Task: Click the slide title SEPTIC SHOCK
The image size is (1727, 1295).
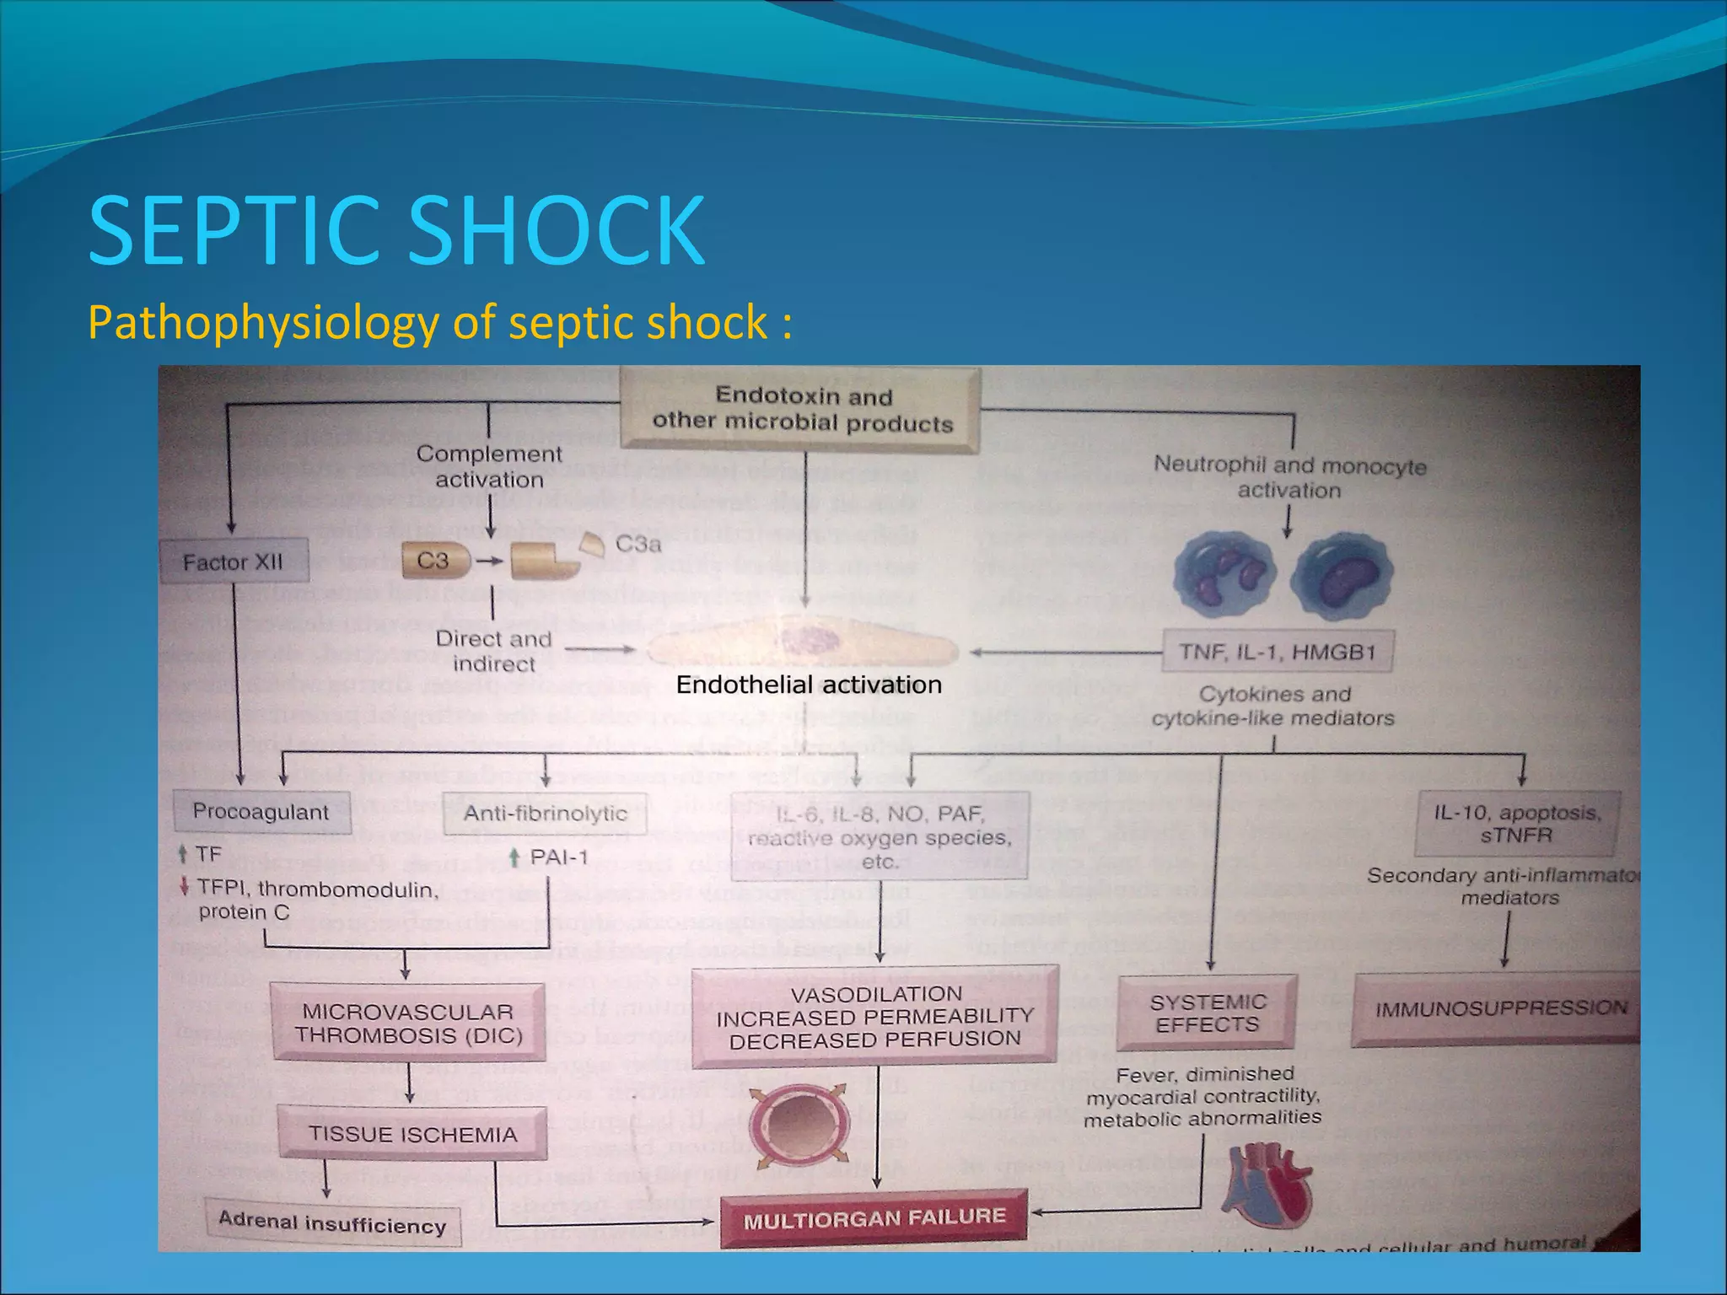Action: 396,229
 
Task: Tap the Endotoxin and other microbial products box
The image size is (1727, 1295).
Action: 801,409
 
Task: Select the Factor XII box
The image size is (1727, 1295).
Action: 234,562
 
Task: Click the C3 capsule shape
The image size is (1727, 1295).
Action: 434,562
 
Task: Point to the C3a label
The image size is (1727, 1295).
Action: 638,544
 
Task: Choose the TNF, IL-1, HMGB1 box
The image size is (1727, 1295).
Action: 1277,651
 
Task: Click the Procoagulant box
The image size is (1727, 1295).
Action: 261,811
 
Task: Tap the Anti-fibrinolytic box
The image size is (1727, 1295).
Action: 545,813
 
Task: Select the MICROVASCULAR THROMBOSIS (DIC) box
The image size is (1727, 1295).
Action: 409,1023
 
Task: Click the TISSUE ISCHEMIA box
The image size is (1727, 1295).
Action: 412,1134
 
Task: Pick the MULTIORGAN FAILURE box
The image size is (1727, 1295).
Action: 874,1217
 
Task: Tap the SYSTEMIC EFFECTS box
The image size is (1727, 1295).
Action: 1208,1013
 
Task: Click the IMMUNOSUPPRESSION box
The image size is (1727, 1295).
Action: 1500,1008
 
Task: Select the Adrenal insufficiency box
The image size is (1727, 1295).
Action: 333,1223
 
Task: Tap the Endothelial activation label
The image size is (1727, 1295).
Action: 809,685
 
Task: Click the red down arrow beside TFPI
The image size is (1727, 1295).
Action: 184,887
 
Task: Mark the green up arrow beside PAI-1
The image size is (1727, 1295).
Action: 514,858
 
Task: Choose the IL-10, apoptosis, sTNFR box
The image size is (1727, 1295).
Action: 1516,823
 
